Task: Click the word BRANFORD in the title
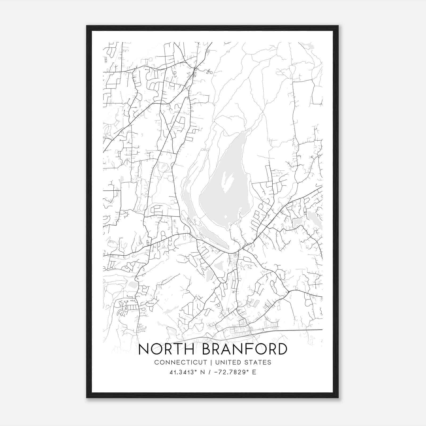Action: (x=245, y=349)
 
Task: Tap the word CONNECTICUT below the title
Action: (x=181, y=362)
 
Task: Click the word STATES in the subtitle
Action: (x=259, y=362)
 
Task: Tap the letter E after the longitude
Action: (x=254, y=372)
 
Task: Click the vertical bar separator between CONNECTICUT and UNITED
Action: (x=211, y=362)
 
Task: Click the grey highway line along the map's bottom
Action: (x=293, y=330)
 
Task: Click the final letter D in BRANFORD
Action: (x=281, y=349)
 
